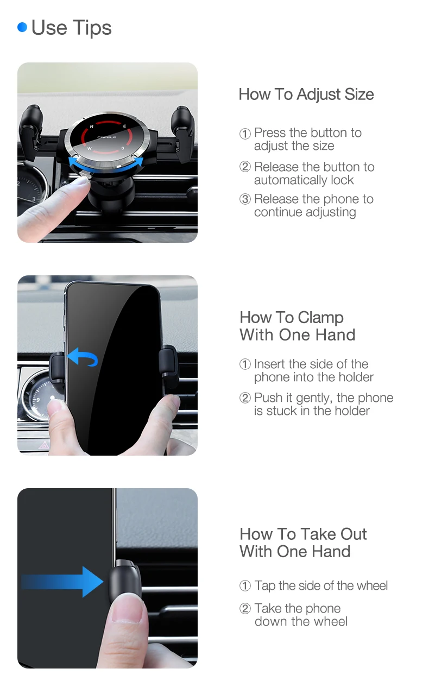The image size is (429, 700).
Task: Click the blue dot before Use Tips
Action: [22, 27]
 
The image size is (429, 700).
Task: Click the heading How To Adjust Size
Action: [306, 94]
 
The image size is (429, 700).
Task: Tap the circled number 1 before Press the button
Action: [245, 134]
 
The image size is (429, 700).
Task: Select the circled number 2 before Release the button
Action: [245, 167]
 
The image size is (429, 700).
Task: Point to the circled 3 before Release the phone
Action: [245, 199]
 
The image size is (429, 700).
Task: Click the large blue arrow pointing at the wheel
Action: [62, 582]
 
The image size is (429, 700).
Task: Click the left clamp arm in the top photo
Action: [30, 130]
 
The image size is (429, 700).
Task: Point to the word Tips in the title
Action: [92, 28]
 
